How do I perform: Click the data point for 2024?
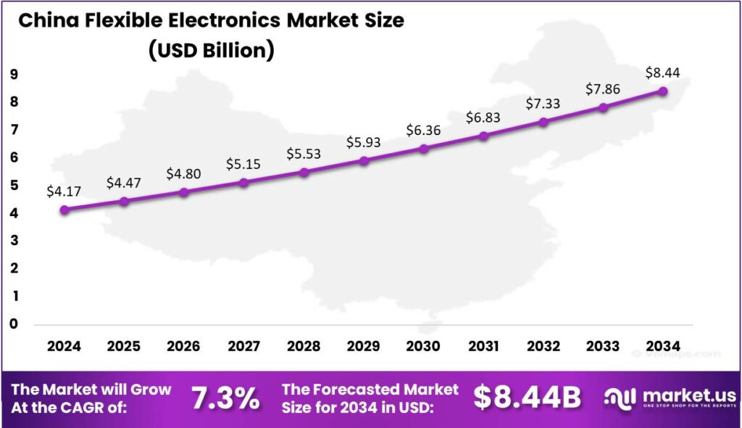click(x=64, y=210)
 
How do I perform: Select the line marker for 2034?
click(x=663, y=91)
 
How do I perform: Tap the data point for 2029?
click(x=364, y=160)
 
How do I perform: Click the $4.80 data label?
click(x=184, y=174)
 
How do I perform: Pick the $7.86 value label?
click(x=604, y=89)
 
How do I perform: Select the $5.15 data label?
click(x=243, y=165)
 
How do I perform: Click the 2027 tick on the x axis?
click(x=243, y=346)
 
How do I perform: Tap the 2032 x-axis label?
click(x=543, y=346)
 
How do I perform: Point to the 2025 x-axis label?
click(x=124, y=346)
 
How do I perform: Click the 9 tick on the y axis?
click(x=14, y=74)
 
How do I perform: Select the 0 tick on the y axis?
click(x=14, y=324)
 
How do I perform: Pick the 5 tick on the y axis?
click(x=14, y=185)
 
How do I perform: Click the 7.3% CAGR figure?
click(x=225, y=398)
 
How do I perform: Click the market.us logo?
click(x=671, y=398)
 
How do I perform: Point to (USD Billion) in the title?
click(x=210, y=51)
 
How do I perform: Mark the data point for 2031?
click(x=484, y=136)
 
